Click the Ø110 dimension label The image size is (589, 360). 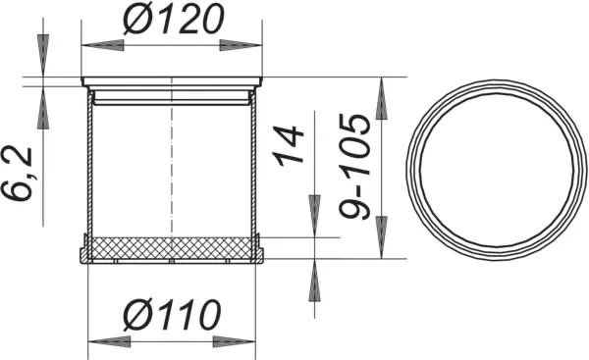173,316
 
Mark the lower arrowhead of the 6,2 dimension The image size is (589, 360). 42,107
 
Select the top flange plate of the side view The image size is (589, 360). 173,81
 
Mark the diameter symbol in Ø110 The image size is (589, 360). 140,316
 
